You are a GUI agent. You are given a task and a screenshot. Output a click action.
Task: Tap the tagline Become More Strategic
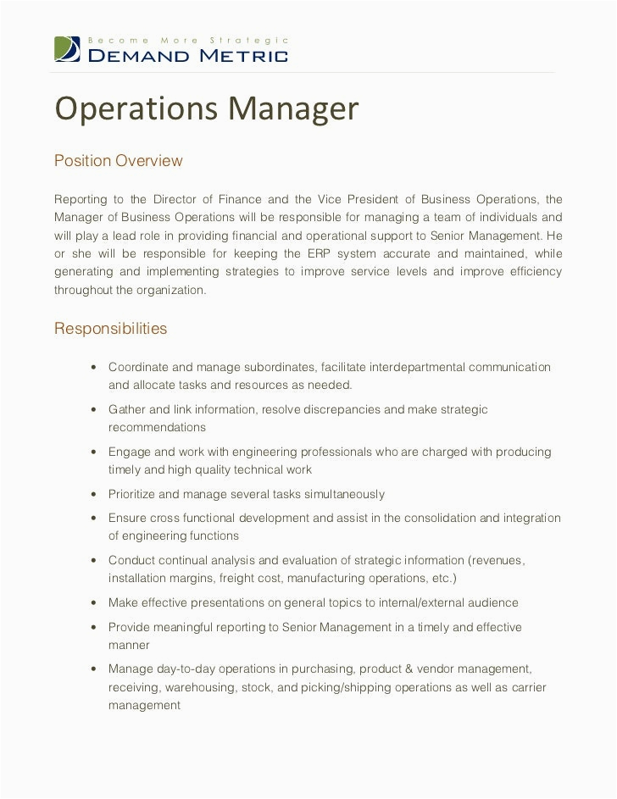tap(189, 40)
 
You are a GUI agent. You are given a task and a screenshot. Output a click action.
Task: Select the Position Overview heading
tap(119, 161)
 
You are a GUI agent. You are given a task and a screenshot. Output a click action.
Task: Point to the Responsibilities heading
tap(111, 329)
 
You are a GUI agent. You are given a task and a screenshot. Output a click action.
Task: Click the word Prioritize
tap(133, 494)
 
